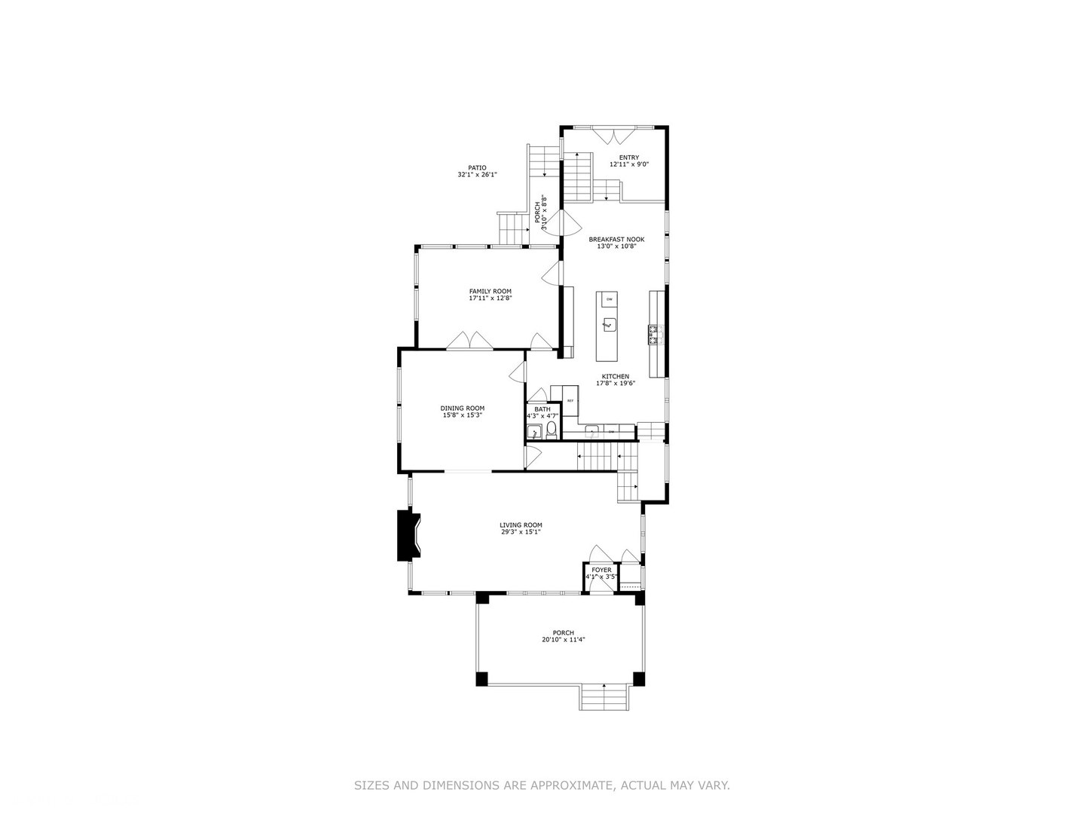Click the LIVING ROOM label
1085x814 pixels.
pos(521,525)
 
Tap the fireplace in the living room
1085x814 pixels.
pos(408,535)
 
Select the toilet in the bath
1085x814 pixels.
pos(551,430)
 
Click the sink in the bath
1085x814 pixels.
pos(534,432)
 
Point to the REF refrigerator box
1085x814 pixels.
pos(570,400)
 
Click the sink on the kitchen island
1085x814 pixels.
pos(609,325)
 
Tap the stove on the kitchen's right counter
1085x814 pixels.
pos(654,334)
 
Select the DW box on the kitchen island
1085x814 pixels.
pos(609,300)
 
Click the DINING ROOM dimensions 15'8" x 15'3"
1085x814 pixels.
pos(463,415)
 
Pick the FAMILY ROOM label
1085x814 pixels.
pos(490,291)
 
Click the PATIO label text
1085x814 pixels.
pos(477,168)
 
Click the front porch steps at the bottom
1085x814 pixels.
pos(603,697)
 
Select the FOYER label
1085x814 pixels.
pos(601,570)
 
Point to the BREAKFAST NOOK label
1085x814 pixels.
pos(616,239)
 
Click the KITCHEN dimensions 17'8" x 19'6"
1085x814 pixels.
pos(616,384)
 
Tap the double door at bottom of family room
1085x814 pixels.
pos(470,341)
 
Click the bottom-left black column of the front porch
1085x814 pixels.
pos(481,678)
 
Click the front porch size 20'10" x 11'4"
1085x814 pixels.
pos(563,640)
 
